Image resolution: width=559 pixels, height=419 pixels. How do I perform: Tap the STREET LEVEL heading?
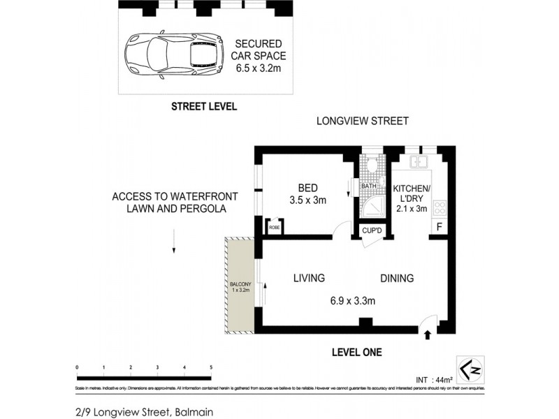click(205, 107)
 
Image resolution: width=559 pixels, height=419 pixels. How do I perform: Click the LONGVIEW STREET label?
click(362, 122)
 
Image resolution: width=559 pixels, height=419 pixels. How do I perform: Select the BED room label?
click(308, 188)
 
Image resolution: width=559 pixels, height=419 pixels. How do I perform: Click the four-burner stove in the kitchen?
click(440, 207)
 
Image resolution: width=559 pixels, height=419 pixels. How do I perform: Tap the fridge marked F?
click(439, 227)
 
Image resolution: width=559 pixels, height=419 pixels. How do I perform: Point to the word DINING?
click(396, 278)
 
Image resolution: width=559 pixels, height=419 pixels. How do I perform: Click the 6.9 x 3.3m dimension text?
click(353, 302)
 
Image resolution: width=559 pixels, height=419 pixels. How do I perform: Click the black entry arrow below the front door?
click(428, 335)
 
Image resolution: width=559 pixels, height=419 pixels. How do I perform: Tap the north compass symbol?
click(471, 365)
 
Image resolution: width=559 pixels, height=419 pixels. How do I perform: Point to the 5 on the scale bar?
click(211, 367)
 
